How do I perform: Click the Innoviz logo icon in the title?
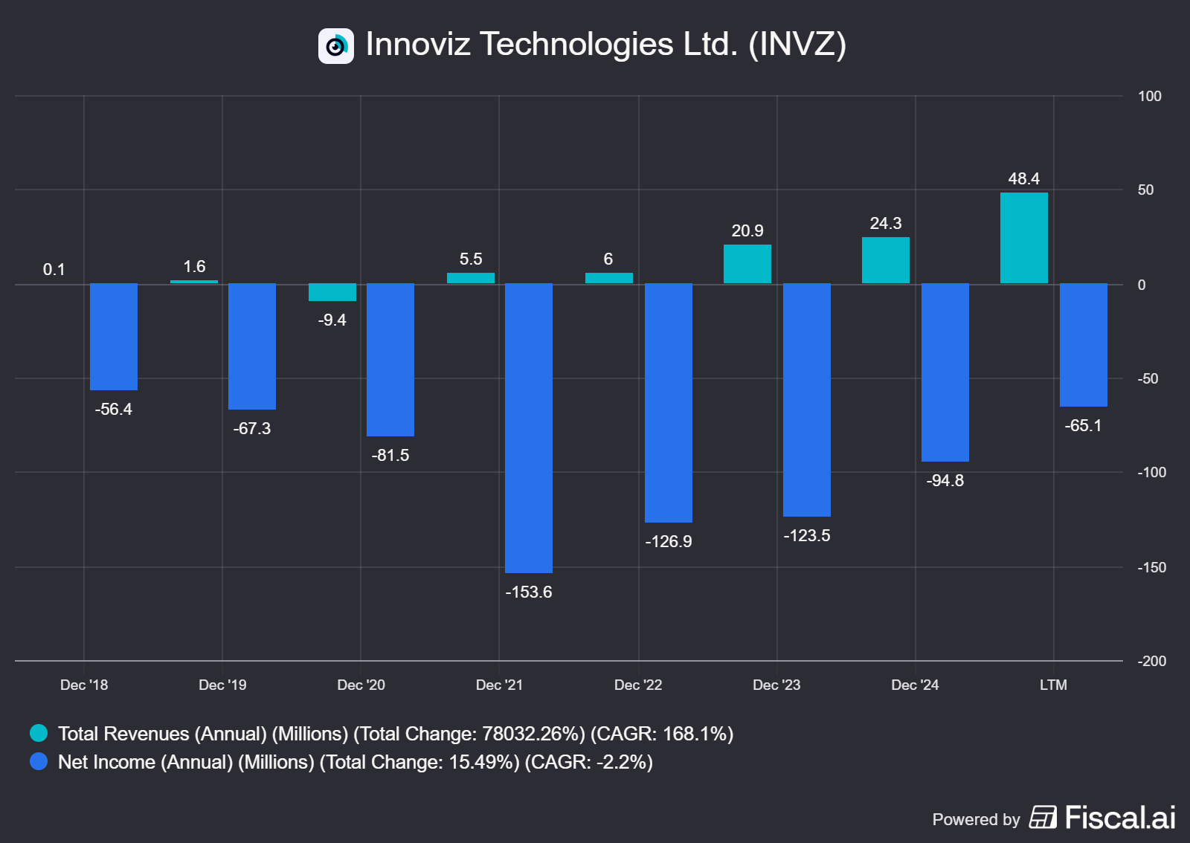pyautogui.click(x=336, y=46)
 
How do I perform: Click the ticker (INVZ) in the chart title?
pyautogui.click(x=797, y=44)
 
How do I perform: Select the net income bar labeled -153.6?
pyautogui.click(x=528, y=427)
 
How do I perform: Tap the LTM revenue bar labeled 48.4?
pyautogui.click(x=1023, y=238)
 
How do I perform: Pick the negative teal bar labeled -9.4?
pyautogui.click(x=332, y=292)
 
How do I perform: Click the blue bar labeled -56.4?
pyautogui.click(x=113, y=336)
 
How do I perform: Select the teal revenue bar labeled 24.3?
pyautogui.click(x=885, y=260)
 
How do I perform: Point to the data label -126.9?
pyautogui.click(x=668, y=541)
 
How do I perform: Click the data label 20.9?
pyautogui.click(x=747, y=230)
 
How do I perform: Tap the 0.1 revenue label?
pyautogui.click(x=54, y=269)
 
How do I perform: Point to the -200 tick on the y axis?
pyautogui.click(x=1151, y=661)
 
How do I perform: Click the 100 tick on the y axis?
pyautogui.click(x=1149, y=96)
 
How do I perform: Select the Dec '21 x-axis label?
pyautogui.click(x=499, y=685)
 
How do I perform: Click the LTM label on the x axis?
pyautogui.click(x=1053, y=685)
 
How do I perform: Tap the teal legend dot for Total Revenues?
pyautogui.click(x=39, y=733)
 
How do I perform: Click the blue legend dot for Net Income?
pyautogui.click(x=39, y=761)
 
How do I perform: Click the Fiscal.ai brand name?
pyautogui.click(x=1119, y=818)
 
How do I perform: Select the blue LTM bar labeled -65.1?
pyautogui.click(x=1083, y=344)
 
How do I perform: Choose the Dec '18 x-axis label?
pyautogui.click(x=84, y=685)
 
